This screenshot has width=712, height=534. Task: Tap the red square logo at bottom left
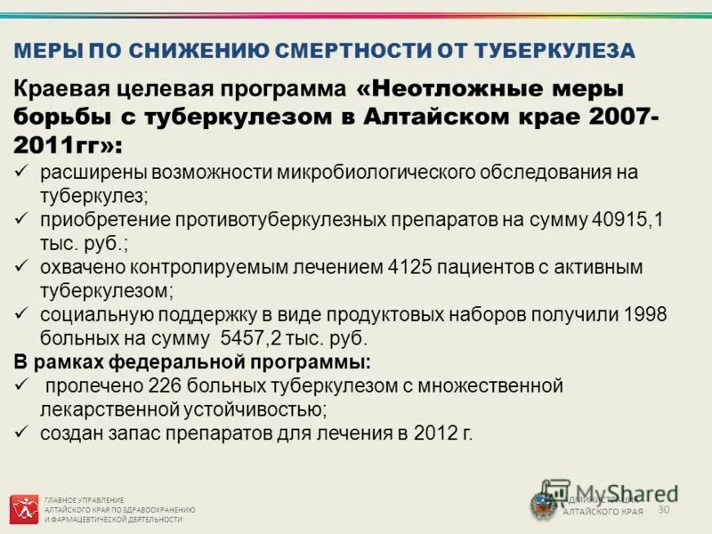tap(24, 509)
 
